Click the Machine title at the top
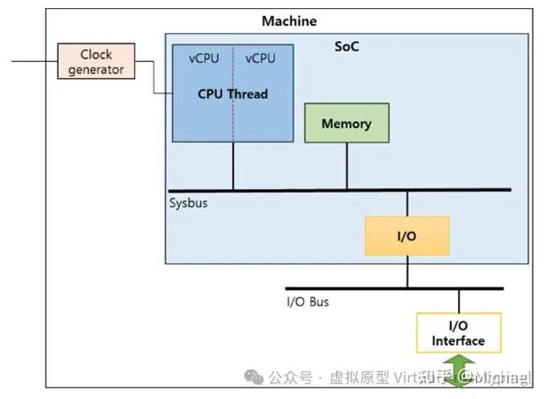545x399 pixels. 289,21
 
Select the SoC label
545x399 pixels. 347,47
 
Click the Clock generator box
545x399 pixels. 96,62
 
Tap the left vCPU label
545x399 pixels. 203,58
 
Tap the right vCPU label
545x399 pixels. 260,58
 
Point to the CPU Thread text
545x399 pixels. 232,94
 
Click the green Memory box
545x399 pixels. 346,123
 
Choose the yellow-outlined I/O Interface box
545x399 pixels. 458,333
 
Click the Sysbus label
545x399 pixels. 188,203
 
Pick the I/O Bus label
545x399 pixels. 308,302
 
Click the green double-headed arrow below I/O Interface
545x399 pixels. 458,372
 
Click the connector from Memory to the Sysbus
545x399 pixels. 346,166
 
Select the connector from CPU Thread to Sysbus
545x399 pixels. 234,166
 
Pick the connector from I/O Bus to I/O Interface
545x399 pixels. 459,300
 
